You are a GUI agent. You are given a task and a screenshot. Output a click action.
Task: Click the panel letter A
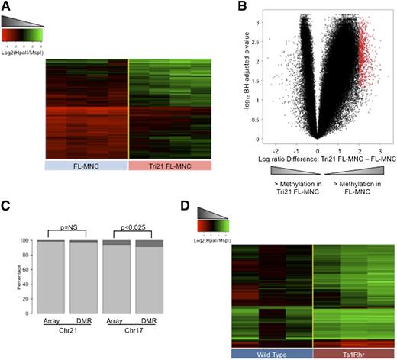6,7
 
